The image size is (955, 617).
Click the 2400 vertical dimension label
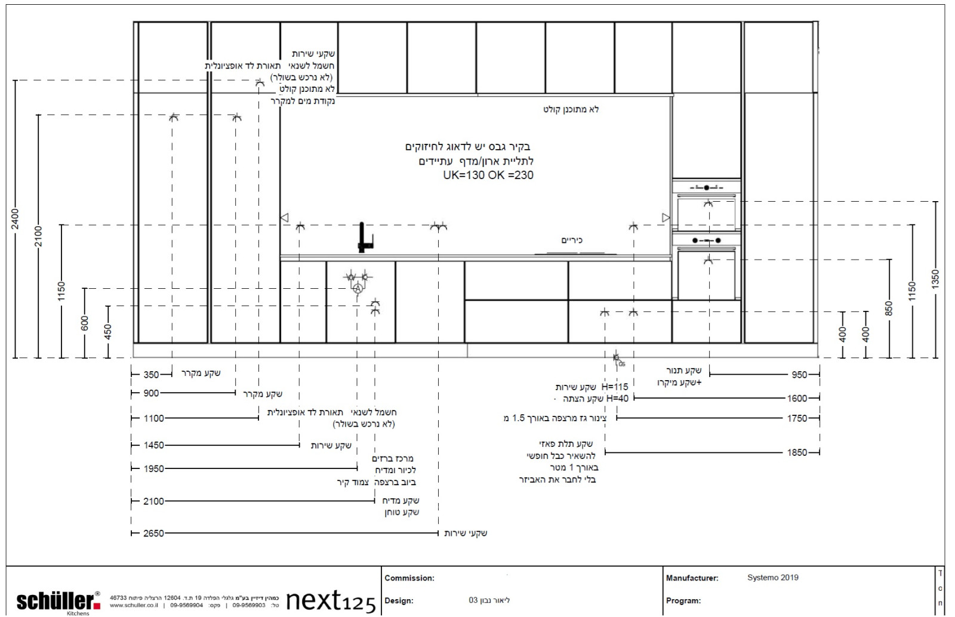[16, 219]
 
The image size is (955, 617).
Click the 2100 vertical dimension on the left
[39, 236]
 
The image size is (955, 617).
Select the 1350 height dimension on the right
[935, 279]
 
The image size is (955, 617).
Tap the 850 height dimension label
[889, 308]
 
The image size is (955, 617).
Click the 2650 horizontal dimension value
[153, 533]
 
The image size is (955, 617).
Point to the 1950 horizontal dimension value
[153, 468]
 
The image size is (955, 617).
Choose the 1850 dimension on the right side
[797, 452]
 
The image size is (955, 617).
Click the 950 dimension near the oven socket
[799, 374]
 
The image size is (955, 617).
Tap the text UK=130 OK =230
[488, 175]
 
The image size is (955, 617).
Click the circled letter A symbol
[358, 289]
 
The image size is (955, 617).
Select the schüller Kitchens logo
[58, 601]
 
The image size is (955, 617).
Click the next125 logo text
[331, 600]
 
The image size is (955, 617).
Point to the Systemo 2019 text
[772, 578]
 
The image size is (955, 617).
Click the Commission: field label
[409, 578]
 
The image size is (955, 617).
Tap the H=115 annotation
[615, 387]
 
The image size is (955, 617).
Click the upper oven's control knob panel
[707, 187]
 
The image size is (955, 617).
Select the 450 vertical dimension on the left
[108, 332]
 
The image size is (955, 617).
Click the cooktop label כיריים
[571, 240]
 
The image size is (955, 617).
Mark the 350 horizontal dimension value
[152, 374]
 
